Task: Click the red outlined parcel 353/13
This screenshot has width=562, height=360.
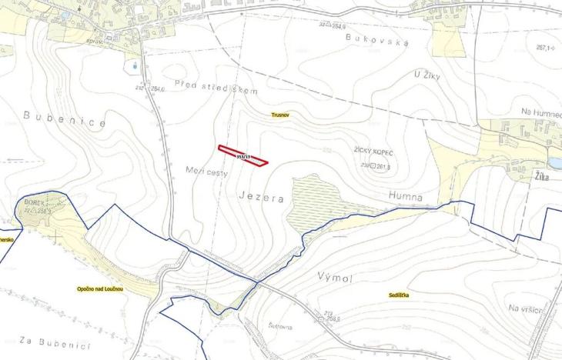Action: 243,155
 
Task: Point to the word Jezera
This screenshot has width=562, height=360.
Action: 262,198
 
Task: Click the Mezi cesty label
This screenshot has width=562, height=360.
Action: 207,171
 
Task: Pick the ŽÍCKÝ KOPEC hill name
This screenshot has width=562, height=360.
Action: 374,154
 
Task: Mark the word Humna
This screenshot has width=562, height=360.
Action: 406,198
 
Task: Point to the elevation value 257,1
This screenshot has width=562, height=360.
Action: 544,48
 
